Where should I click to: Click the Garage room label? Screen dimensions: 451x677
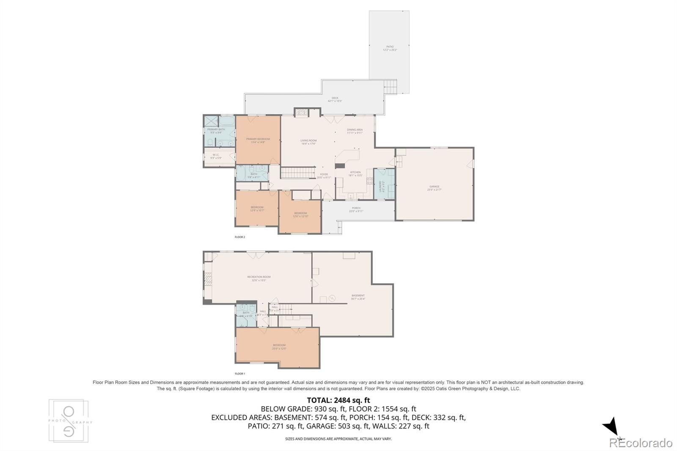pyautogui.click(x=434, y=188)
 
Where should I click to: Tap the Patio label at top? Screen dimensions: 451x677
pyautogui.click(x=390, y=48)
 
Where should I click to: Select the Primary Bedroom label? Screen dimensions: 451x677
pyautogui.click(x=258, y=140)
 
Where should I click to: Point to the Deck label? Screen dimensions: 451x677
pyautogui.click(x=335, y=99)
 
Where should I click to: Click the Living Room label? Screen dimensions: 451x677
pyautogui.click(x=308, y=142)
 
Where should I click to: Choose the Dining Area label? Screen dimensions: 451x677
pyautogui.click(x=355, y=131)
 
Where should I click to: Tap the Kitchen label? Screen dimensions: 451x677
pyautogui.click(x=355, y=173)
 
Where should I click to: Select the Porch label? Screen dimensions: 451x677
pyautogui.click(x=356, y=209)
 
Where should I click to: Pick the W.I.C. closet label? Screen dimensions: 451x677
pyautogui.click(x=216, y=156)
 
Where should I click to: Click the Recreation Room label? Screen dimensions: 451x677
pyautogui.click(x=259, y=278)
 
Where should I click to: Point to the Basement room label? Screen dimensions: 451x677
pyautogui.click(x=358, y=297)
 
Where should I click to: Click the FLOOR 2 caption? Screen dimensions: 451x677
pyautogui.click(x=240, y=237)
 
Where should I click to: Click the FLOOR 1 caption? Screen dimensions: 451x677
pyautogui.click(x=240, y=374)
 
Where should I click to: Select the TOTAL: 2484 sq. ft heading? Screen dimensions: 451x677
pyautogui.click(x=338, y=400)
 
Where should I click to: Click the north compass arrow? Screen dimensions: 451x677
pyautogui.click(x=611, y=426)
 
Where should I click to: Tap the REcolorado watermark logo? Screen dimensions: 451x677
pyautogui.click(x=641, y=443)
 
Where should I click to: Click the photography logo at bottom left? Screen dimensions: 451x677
pyautogui.click(x=69, y=421)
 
